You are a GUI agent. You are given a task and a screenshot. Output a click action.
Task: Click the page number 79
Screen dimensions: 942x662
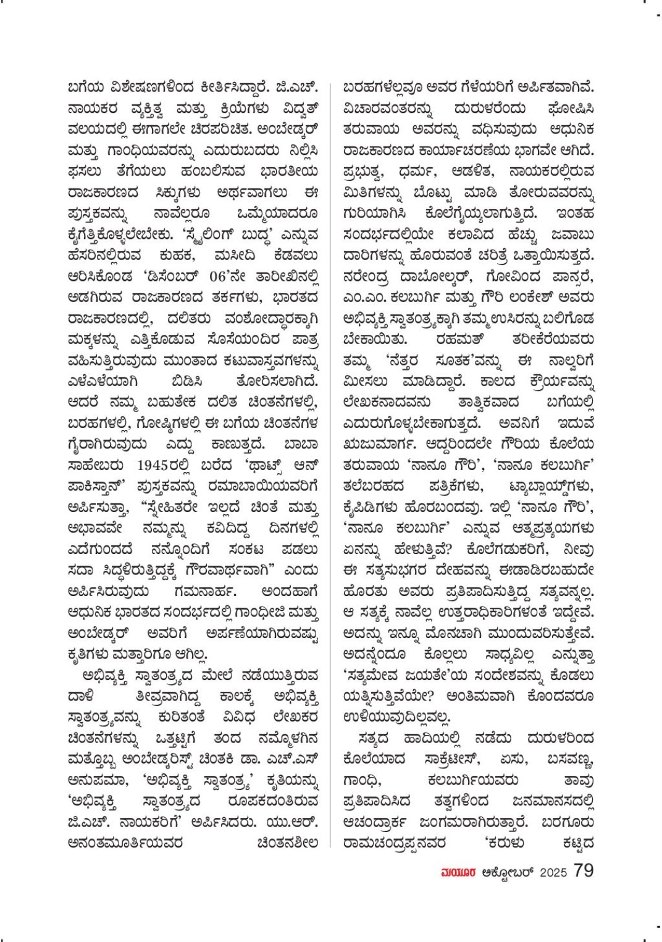coord(583,870)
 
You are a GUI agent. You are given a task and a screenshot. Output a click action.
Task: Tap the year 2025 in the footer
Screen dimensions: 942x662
coord(553,872)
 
